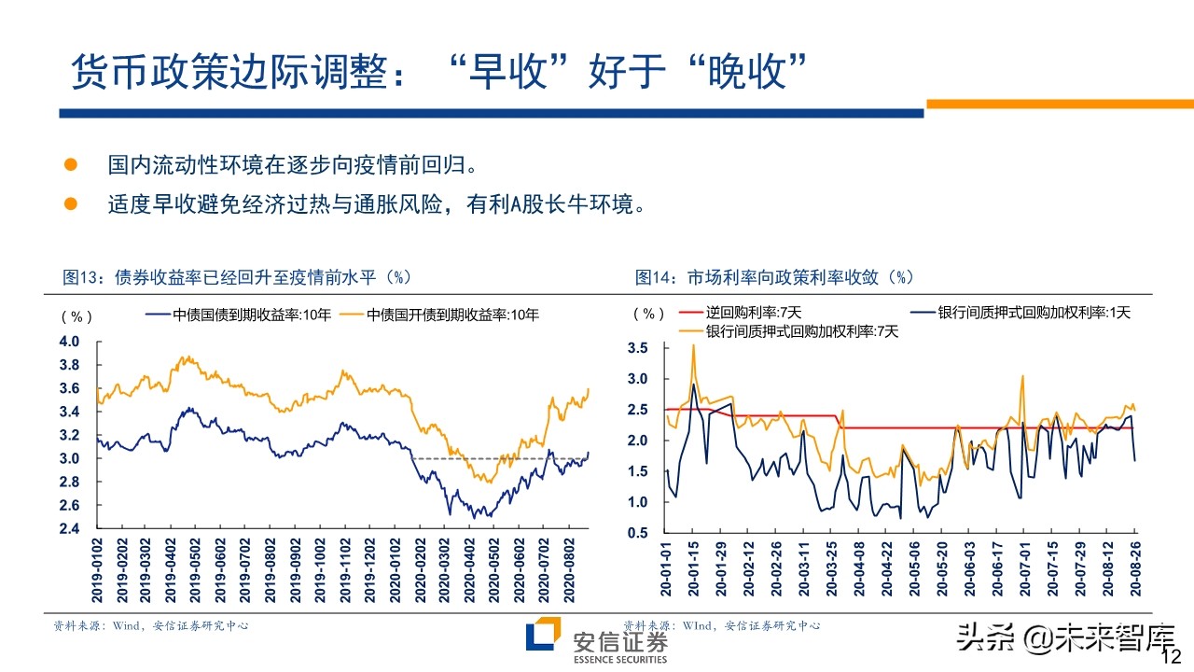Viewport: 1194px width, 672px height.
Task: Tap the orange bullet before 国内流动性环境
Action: [70, 165]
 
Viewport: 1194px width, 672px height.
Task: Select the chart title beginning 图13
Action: [237, 277]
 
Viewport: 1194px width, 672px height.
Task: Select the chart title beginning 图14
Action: [774, 277]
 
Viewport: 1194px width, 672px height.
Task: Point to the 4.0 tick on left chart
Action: [69, 342]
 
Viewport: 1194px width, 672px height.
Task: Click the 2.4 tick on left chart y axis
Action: [69, 529]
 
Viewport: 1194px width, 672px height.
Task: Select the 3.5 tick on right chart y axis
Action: [638, 348]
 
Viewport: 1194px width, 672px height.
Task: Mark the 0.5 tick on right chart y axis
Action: [638, 533]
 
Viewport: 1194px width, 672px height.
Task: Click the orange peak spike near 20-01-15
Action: [693, 346]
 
